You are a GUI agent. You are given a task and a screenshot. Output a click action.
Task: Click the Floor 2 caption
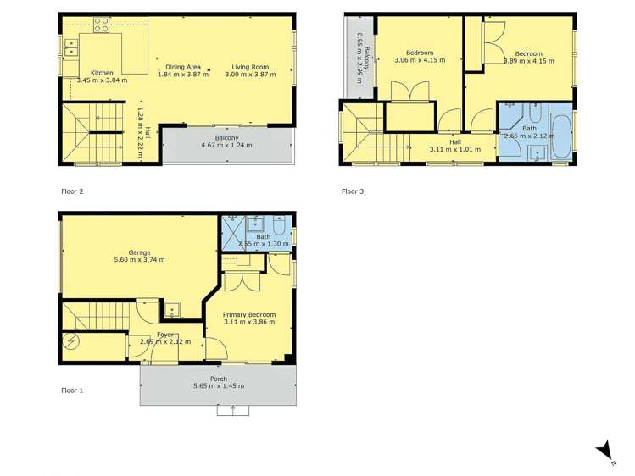[72, 191]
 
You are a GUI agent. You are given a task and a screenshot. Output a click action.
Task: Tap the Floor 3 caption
[353, 191]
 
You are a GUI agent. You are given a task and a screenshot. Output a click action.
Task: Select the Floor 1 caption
[72, 390]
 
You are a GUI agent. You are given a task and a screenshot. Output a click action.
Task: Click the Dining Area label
[183, 66]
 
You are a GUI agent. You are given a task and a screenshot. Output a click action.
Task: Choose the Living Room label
[252, 66]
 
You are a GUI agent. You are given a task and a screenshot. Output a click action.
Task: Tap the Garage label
[140, 252]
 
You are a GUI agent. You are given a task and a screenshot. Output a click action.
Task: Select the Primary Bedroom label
[253, 314]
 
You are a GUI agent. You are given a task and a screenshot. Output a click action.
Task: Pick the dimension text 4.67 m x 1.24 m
[227, 146]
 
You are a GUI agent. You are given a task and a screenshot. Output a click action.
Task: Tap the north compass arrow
[601, 450]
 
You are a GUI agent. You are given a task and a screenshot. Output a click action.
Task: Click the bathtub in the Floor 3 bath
[561, 133]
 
